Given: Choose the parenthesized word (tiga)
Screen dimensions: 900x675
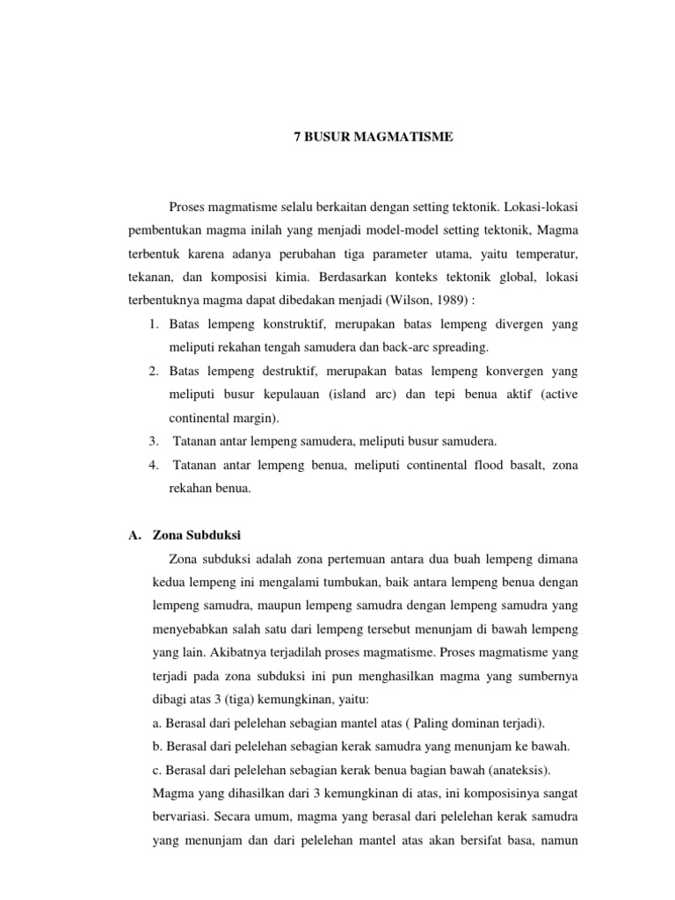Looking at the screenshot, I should (248, 700).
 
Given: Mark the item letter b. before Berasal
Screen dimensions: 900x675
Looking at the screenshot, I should (158, 747).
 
